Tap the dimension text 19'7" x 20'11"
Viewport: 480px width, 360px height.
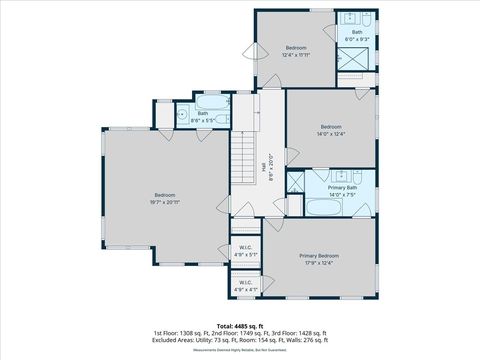point(165,201)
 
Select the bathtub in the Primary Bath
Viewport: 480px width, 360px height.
point(323,208)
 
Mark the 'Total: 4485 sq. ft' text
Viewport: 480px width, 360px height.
point(240,326)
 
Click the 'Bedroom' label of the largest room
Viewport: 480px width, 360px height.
point(165,194)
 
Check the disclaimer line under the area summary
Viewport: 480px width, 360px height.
point(240,349)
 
